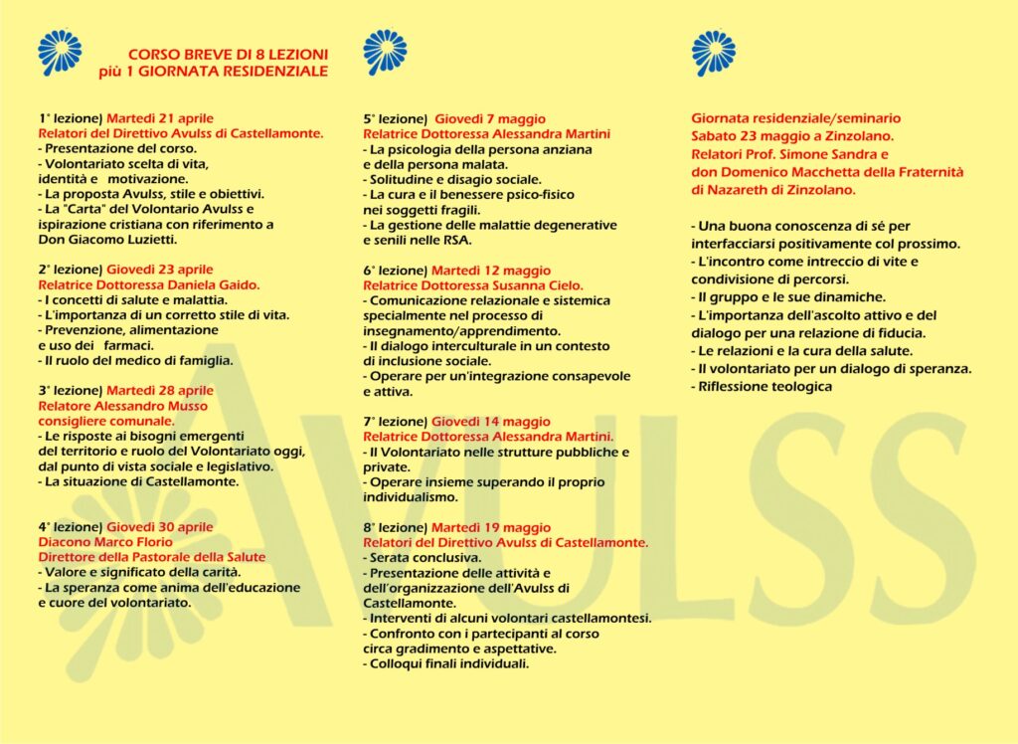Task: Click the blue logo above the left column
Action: coord(60,53)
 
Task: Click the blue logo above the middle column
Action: coord(385,53)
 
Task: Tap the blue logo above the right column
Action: coord(713,53)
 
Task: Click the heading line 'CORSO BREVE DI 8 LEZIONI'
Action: coord(228,55)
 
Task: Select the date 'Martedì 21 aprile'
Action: coord(160,118)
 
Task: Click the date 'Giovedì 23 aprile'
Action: coord(160,270)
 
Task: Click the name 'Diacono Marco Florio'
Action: coord(105,542)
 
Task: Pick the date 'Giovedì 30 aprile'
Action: coord(160,527)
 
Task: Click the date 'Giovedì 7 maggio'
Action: coord(490,118)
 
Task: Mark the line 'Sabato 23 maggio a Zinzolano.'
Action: coord(793,134)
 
